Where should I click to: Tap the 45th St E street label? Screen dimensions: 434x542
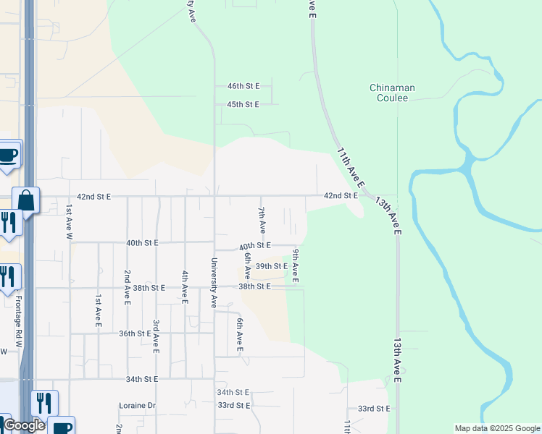[243, 105]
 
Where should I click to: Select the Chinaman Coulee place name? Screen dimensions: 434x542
[392, 93]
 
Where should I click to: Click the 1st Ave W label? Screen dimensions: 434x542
[70, 216]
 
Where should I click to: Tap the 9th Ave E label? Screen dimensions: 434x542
[296, 265]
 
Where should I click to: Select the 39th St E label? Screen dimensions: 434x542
[272, 266]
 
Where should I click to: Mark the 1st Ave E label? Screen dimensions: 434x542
[98, 310]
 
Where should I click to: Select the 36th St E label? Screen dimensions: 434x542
[135, 333]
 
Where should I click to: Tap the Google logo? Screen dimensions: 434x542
[23, 426]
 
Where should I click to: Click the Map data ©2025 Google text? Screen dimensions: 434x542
[496, 428]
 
